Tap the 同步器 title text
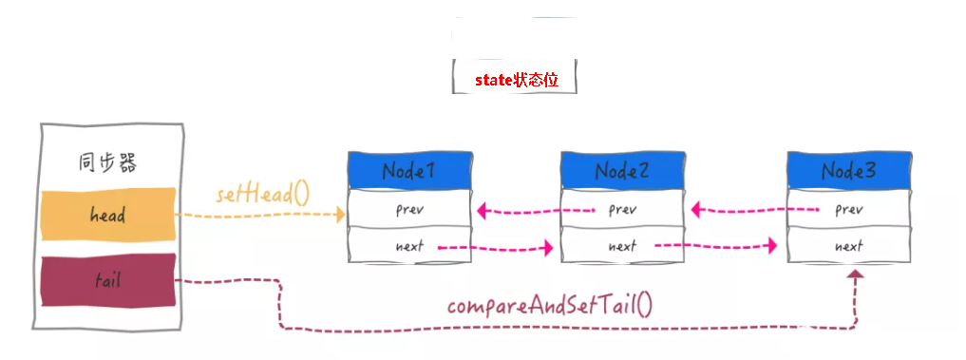pos(106,162)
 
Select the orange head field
pos(107,215)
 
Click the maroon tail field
pos(107,280)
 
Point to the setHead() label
pos(262,195)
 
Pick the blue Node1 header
pos(408,171)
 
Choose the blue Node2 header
pos(621,171)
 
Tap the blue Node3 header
pos(848,171)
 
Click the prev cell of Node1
pos(408,209)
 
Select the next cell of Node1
pos(408,246)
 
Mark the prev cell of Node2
pos(621,209)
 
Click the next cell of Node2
pos(621,246)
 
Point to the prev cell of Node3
pos(848,209)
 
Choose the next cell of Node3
pos(848,246)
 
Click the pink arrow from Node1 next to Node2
pos(499,249)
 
